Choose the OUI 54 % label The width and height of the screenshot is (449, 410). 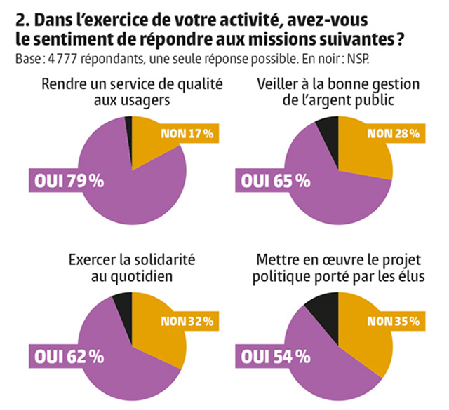[x=276, y=356]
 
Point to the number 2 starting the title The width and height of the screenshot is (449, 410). [x=19, y=16]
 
